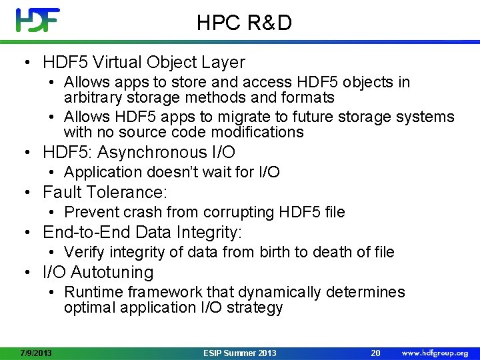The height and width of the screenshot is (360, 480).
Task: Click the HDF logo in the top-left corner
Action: (x=38, y=20)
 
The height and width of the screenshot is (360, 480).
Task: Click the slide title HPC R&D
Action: (x=244, y=23)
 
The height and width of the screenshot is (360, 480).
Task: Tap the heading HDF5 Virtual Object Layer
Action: (x=143, y=63)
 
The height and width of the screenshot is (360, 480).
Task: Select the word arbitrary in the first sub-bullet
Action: (x=91, y=98)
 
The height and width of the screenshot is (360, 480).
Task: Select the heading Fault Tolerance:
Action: (x=105, y=193)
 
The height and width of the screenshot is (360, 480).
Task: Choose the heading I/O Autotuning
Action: (x=98, y=272)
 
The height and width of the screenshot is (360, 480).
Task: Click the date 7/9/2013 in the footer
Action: (x=36, y=353)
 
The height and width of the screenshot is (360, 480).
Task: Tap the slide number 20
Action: (x=376, y=353)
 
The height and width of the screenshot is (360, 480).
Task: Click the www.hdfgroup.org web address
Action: (x=435, y=353)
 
